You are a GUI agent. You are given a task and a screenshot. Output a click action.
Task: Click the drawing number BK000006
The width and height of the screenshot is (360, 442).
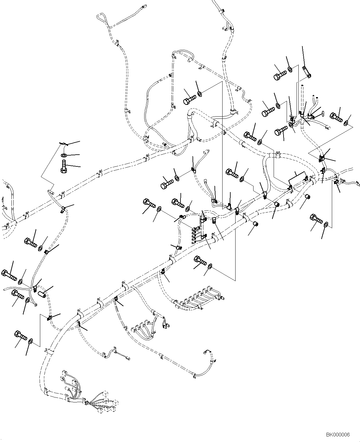point(338,435)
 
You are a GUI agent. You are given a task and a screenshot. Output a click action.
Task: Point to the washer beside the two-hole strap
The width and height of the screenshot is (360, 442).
point(290,69)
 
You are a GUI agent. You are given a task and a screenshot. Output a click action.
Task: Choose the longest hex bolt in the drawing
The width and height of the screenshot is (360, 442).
point(9,275)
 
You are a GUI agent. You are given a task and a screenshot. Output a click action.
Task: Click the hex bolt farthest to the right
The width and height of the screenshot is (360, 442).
point(336,117)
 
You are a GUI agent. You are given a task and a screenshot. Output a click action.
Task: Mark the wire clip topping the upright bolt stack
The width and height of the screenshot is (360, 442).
point(63,143)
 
